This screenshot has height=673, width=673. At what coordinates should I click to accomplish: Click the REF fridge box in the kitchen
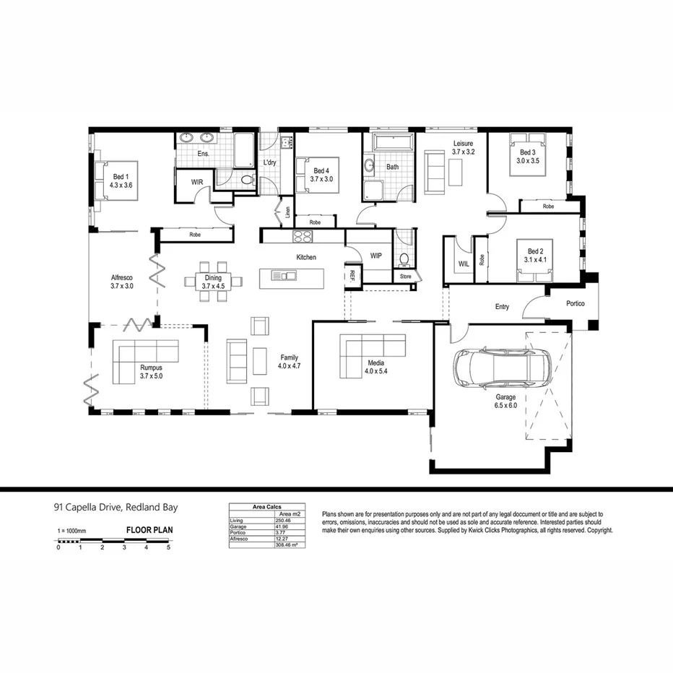click(x=352, y=275)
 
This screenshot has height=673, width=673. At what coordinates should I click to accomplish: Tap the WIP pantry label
click(x=375, y=256)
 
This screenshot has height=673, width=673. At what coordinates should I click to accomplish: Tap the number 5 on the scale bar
click(x=168, y=548)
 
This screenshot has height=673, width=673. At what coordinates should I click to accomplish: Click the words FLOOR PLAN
click(x=149, y=529)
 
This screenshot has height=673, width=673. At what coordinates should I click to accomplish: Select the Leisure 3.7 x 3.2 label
click(x=463, y=148)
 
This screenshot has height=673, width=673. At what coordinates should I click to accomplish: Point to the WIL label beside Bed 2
click(x=464, y=264)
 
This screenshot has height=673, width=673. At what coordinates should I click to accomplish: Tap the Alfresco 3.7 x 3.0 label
click(x=122, y=282)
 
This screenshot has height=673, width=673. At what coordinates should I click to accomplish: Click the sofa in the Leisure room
click(x=434, y=172)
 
